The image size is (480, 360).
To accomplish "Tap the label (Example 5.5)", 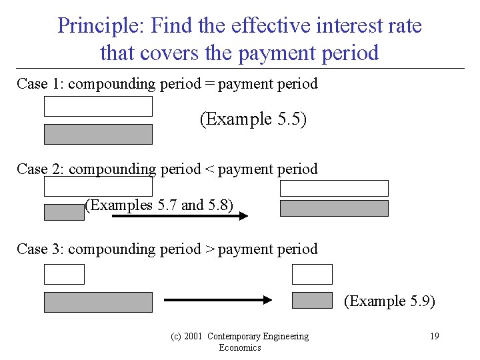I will tap(253, 119).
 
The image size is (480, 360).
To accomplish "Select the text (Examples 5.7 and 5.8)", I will tap(159, 205).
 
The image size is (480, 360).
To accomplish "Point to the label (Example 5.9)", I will tap(389, 301).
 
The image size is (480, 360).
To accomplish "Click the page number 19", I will tap(434, 336).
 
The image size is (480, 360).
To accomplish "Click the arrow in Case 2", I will tap(180, 215).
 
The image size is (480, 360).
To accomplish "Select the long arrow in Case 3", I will tap(219, 301).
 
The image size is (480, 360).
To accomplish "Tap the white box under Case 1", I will tap(98, 107).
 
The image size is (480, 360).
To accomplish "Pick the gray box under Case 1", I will tap(98, 134).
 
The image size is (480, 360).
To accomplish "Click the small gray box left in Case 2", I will tap(64, 212).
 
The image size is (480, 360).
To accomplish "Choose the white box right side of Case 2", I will tap(334, 188).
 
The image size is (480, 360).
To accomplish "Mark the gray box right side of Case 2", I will tap(334, 209).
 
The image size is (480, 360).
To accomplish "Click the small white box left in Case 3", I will tap(64, 274).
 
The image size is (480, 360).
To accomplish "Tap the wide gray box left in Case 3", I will tap(98, 302).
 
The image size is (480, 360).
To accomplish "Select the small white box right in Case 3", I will tap(312, 274).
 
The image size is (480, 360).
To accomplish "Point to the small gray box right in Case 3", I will tap(312, 300).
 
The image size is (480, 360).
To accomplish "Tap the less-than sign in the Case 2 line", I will tap(209, 169).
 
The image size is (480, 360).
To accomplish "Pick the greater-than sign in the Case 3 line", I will tap(209, 249).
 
